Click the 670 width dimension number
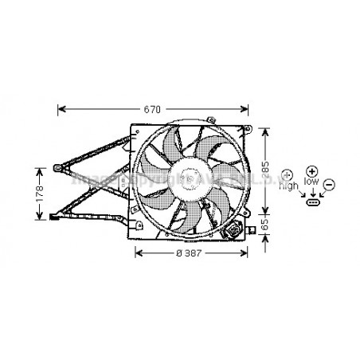tap(152, 109)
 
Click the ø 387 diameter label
tap(192, 252)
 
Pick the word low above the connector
tap(311, 182)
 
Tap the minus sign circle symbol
tap(330, 184)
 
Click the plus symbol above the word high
tap(288, 174)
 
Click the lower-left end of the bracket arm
tap(53, 215)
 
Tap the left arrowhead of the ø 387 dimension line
tap(136, 252)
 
